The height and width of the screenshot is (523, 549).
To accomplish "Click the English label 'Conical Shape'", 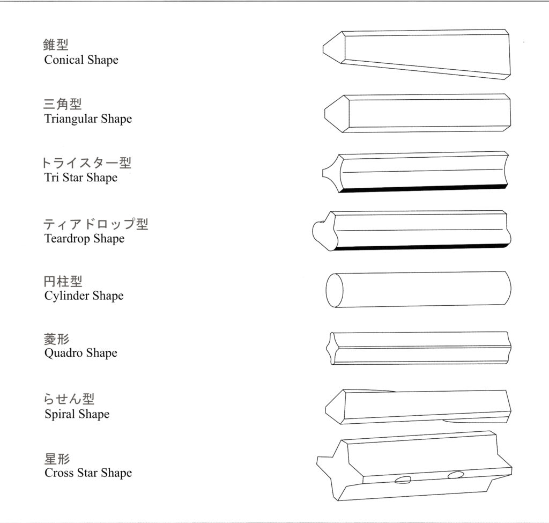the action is (x=81, y=60).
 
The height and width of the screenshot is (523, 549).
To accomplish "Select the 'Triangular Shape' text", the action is (x=88, y=119).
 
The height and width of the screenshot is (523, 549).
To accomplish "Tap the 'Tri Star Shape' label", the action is (x=80, y=177).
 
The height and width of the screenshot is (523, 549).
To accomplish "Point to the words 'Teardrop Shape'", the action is (x=84, y=239).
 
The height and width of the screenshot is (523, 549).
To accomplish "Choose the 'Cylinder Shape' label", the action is (x=84, y=296).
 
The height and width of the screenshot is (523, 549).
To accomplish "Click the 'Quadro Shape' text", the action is (x=80, y=353).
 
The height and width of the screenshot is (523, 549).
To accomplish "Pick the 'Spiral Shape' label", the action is (x=77, y=414).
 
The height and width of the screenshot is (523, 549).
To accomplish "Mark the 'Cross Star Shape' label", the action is (x=88, y=473).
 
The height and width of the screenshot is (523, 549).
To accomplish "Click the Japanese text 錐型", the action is (x=56, y=45).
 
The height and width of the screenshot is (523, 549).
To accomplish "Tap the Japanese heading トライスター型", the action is (x=86, y=163).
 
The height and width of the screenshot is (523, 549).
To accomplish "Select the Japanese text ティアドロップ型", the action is (x=95, y=224).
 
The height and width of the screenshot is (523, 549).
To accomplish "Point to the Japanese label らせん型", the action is (x=69, y=399).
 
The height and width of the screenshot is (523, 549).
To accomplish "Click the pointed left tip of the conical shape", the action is (x=323, y=49).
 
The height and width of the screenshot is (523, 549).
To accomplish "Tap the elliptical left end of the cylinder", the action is (x=335, y=290).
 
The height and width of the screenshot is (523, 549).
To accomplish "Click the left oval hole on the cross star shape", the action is (x=403, y=480).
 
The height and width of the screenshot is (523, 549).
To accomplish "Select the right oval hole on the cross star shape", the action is (x=456, y=475).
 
